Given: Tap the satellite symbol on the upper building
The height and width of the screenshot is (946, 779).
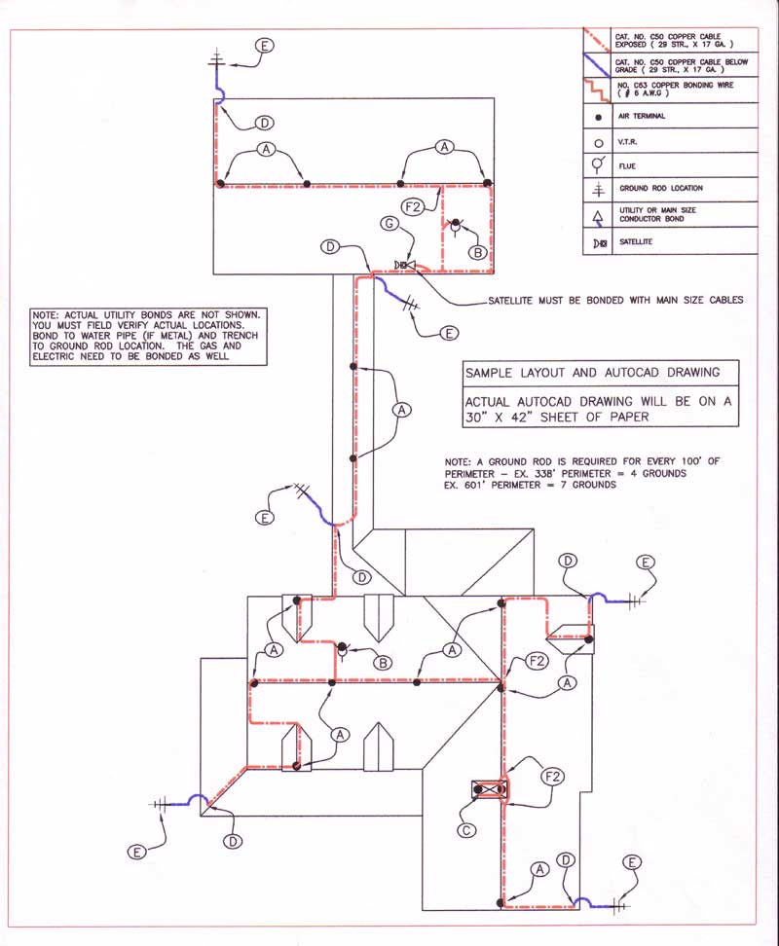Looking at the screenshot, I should click(406, 265).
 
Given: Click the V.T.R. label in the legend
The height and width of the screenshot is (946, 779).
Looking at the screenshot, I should click(629, 141).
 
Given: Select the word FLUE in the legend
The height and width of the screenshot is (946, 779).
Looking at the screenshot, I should click(628, 164).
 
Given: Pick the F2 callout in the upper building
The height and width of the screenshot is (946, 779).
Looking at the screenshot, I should click(413, 206).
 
